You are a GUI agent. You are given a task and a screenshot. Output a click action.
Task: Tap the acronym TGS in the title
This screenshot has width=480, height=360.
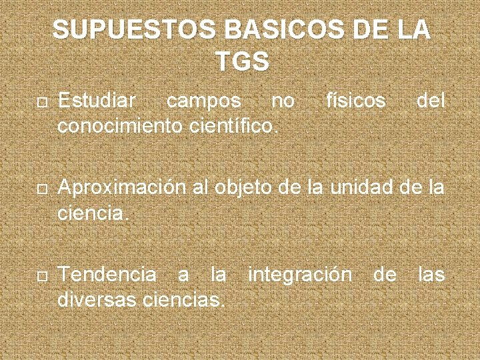pyautogui.click(x=242, y=61)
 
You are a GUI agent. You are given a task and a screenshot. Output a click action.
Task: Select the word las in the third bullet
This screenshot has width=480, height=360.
pyautogui.click(x=431, y=274)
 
